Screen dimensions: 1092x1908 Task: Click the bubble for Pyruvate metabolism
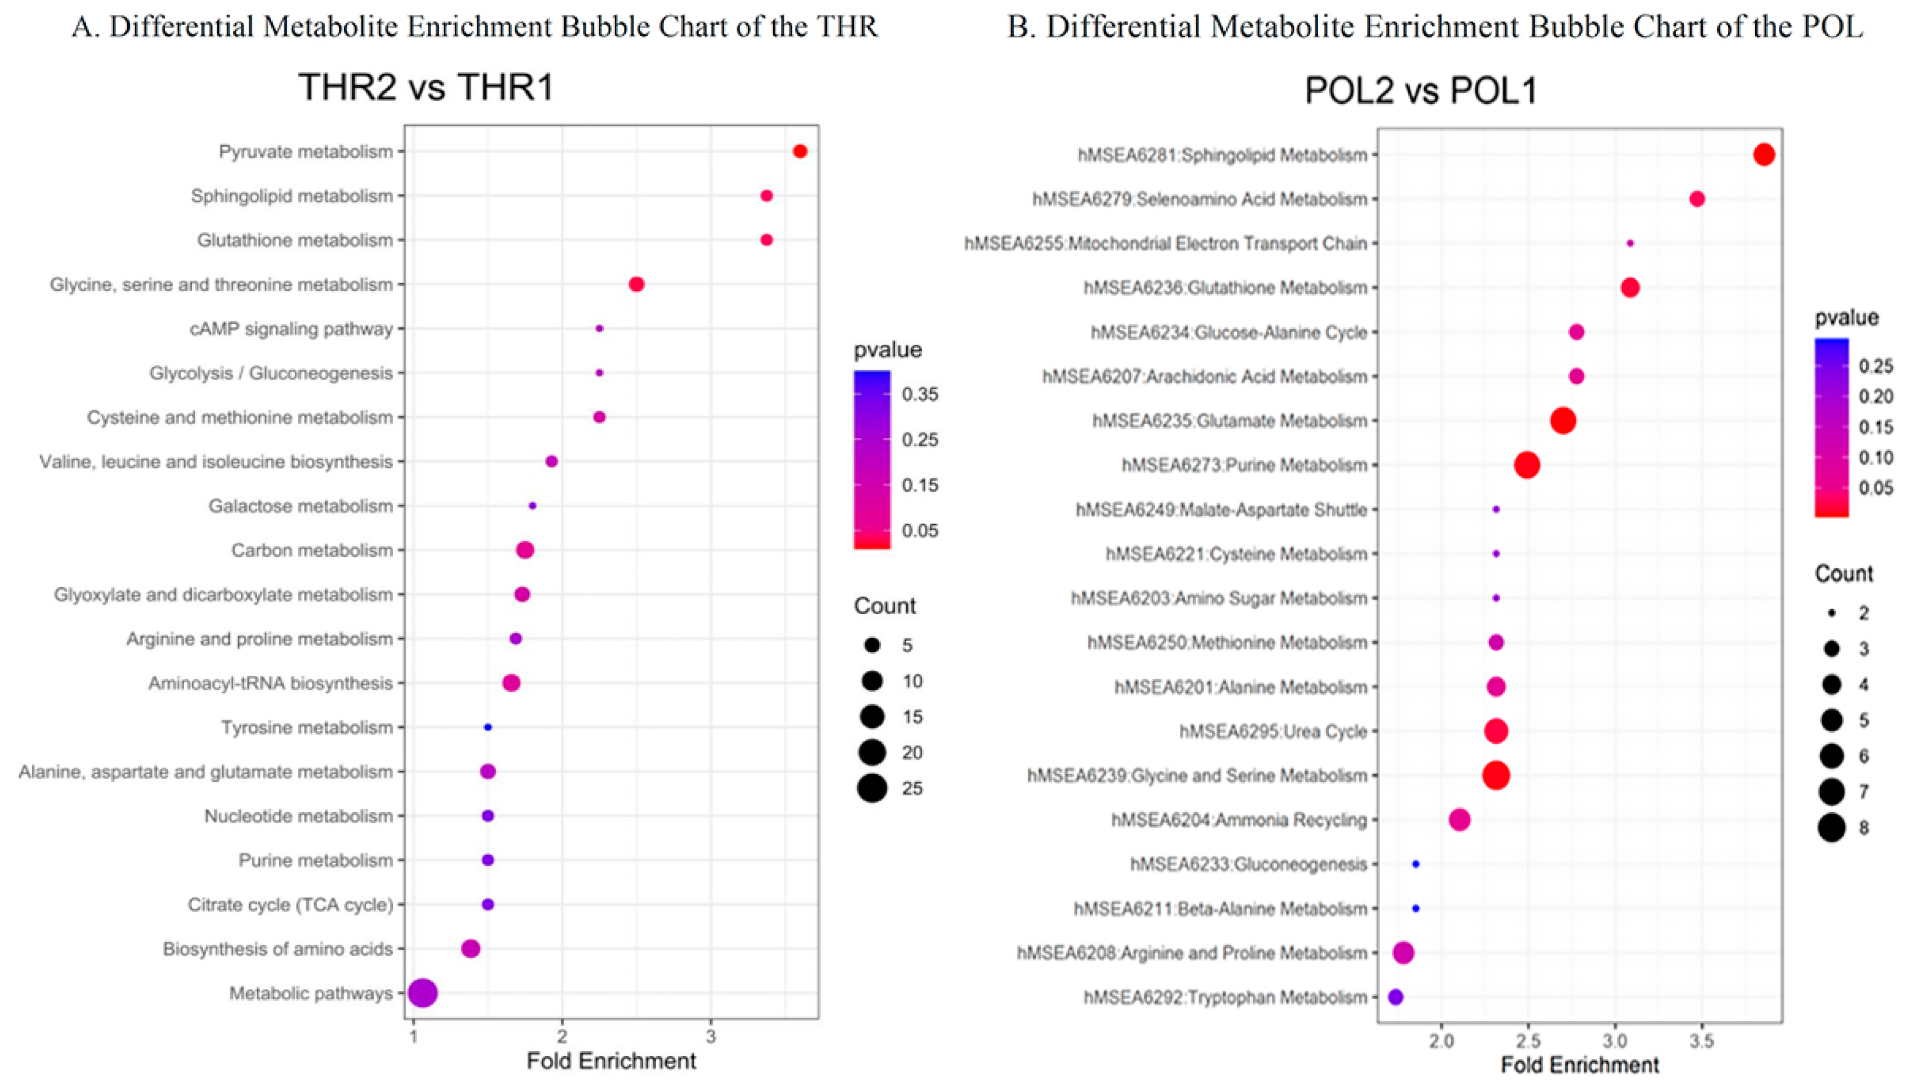click(799, 152)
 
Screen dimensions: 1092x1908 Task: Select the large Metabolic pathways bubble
click(423, 993)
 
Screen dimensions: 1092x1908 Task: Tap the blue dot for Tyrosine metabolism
click(488, 727)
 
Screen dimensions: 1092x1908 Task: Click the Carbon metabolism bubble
click(525, 550)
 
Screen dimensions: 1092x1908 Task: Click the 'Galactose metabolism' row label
click(300, 506)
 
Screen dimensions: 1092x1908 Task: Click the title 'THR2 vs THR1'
click(426, 87)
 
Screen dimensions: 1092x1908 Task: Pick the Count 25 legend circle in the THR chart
click(872, 788)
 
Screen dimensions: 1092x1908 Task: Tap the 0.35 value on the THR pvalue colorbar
click(919, 394)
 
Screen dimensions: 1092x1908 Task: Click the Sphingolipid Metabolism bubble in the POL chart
click(1764, 155)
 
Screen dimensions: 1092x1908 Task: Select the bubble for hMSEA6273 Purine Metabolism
click(1527, 465)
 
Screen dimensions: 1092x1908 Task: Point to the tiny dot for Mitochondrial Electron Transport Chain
click(1630, 243)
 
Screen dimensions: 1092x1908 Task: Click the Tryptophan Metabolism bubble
click(1395, 997)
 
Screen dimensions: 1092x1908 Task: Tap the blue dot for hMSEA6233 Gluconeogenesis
click(1415, 864)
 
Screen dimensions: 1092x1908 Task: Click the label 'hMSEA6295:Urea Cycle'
click(1273, 731)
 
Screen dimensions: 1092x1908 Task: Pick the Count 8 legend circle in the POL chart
click(1832, 828)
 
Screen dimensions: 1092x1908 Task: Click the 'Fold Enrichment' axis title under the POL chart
click(1580, 1065)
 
